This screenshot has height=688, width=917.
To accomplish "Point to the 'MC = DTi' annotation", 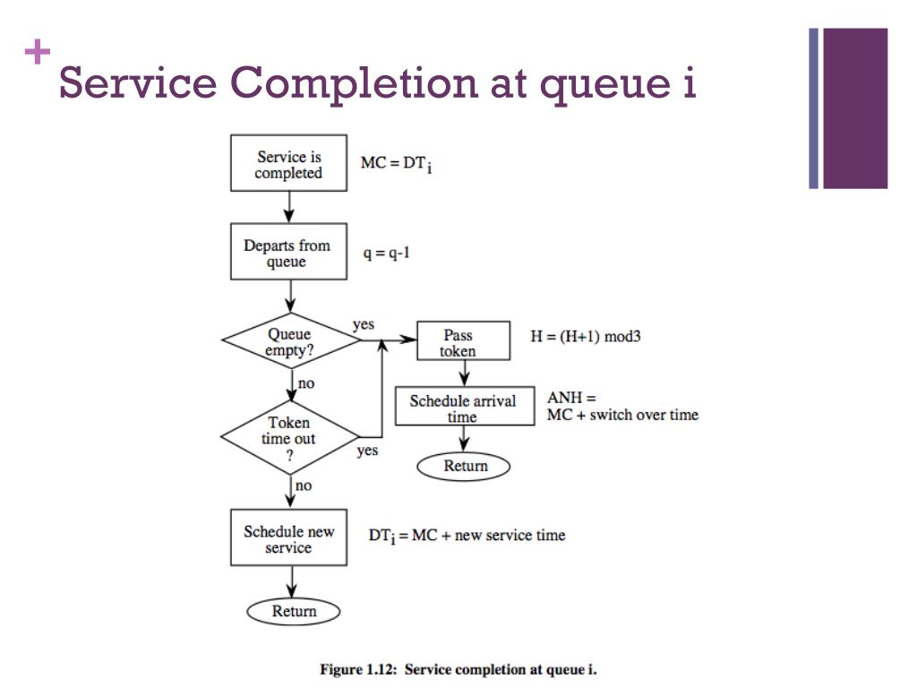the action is pyautogui.click(x=397, y=164).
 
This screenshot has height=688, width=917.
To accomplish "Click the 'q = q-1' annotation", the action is pyautogui.click(x=387, y=253).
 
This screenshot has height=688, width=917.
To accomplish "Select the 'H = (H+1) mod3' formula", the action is pyautogui.click(x=586, y=337).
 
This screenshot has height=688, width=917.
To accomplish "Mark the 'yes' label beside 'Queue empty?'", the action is pyautogui.click(x=364, y=324).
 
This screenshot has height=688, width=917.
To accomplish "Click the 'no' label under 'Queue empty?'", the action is pyautogui.click(x=306, y=383).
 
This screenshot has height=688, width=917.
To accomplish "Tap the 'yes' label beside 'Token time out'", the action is pyautogui.click(x=367, y=451).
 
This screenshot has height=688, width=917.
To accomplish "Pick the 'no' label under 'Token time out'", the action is pyautogui.click(x=304, y=486).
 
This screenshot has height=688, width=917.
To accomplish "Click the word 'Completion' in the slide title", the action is pyautogui.click(x=354, y=84).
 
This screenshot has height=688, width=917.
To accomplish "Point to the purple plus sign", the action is pyautogui.click(x=38, y=51).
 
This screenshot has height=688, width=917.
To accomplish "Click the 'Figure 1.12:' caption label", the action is pyautogui.click(x=358, y=669).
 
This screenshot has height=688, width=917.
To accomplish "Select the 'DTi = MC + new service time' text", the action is pyautogui.click(x=467, y=536).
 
